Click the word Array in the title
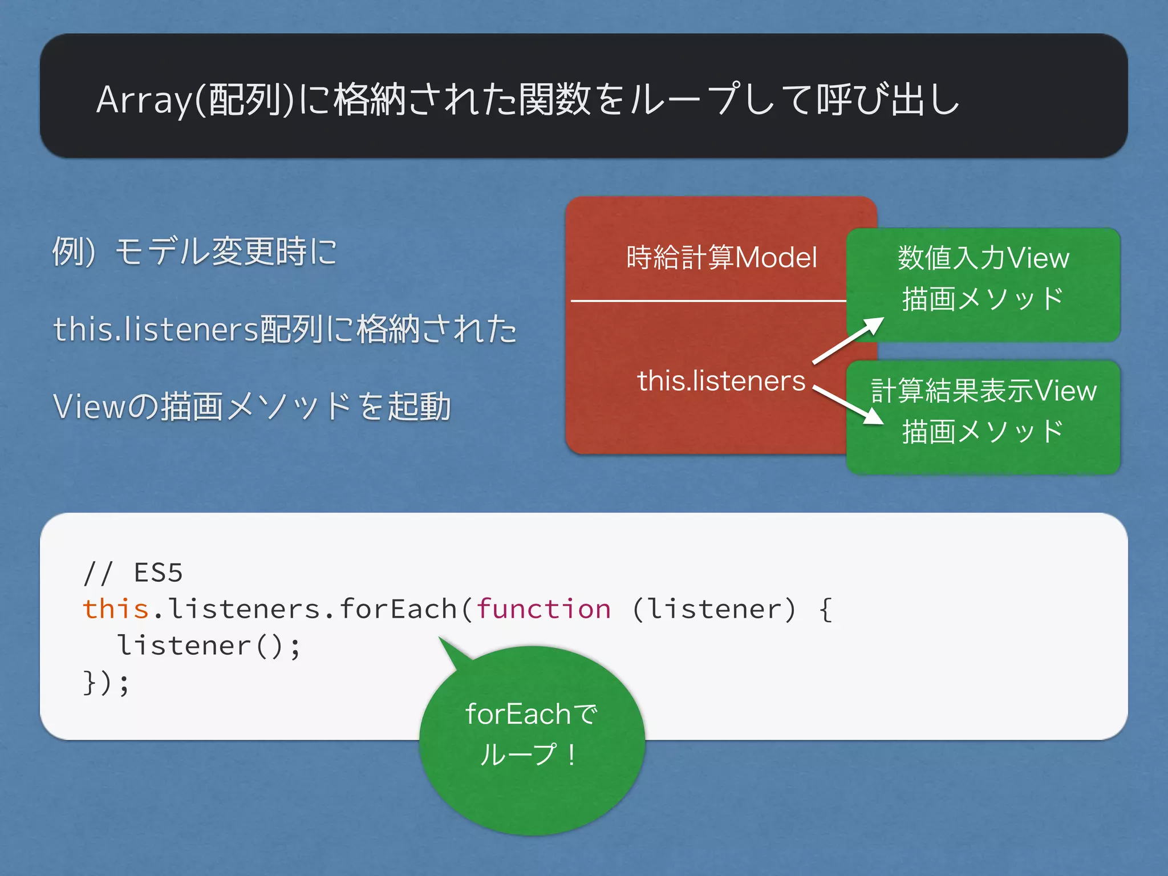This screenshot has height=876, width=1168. click(x=144, y=100)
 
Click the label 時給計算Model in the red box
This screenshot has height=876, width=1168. click(x=721, y=257)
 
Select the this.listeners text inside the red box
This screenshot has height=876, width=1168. click(x=721, y=381)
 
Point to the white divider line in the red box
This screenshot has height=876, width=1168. click(x=707, y=301)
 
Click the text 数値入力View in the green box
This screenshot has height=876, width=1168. click(x=983, y=258)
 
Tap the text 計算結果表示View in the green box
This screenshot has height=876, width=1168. click(x=983, y=391)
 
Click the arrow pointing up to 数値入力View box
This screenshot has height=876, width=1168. click(x=848, y=340)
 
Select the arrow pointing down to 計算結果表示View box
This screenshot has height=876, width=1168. click(x=848, y=405)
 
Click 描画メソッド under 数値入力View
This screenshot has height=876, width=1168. click(x=983, y=299)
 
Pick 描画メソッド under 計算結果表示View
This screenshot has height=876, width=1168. click(x=983, y=432)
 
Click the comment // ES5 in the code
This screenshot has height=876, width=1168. click(x=133, y=573)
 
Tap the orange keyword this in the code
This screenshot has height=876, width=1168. click(x=116, y=609)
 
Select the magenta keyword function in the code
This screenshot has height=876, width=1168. click(x=544, y=609)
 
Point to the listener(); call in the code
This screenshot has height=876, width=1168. click(x=209, y=646)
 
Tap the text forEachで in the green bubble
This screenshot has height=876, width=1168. click(x=531, y=714)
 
